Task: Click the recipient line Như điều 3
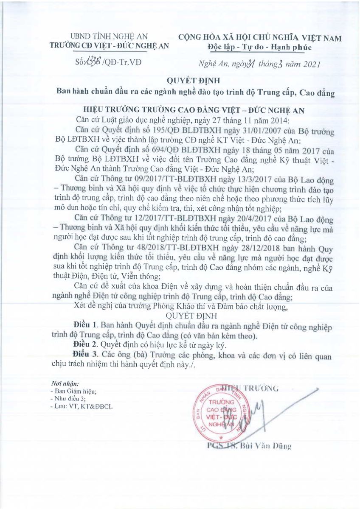(68, 399)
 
